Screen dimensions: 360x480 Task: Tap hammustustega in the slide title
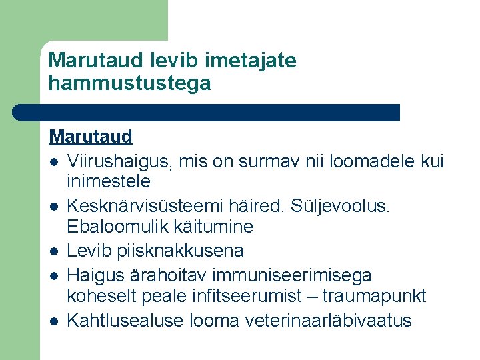coord(129,83)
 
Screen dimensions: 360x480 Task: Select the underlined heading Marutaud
coord(91,137)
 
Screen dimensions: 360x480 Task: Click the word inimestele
coord(109,181)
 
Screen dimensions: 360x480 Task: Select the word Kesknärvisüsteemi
coord(156,205)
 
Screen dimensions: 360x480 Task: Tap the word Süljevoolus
coord(347,205)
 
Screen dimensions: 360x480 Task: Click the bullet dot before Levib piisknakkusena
coord(53,252)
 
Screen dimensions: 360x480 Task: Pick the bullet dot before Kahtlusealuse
coord(53,321)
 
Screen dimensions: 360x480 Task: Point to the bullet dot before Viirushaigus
coord(53,162)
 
